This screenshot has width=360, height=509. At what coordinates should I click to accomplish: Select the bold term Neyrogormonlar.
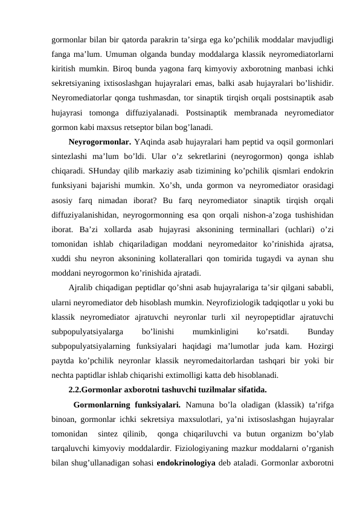pyautogui.click(x=94, y=142)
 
